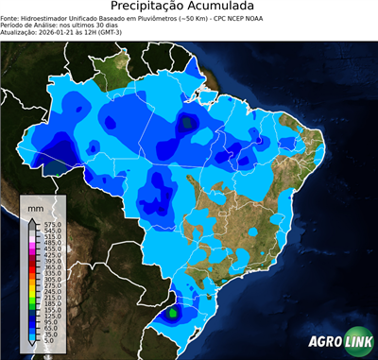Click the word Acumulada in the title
223,8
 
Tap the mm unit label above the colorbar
37,207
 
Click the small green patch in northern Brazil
188,121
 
